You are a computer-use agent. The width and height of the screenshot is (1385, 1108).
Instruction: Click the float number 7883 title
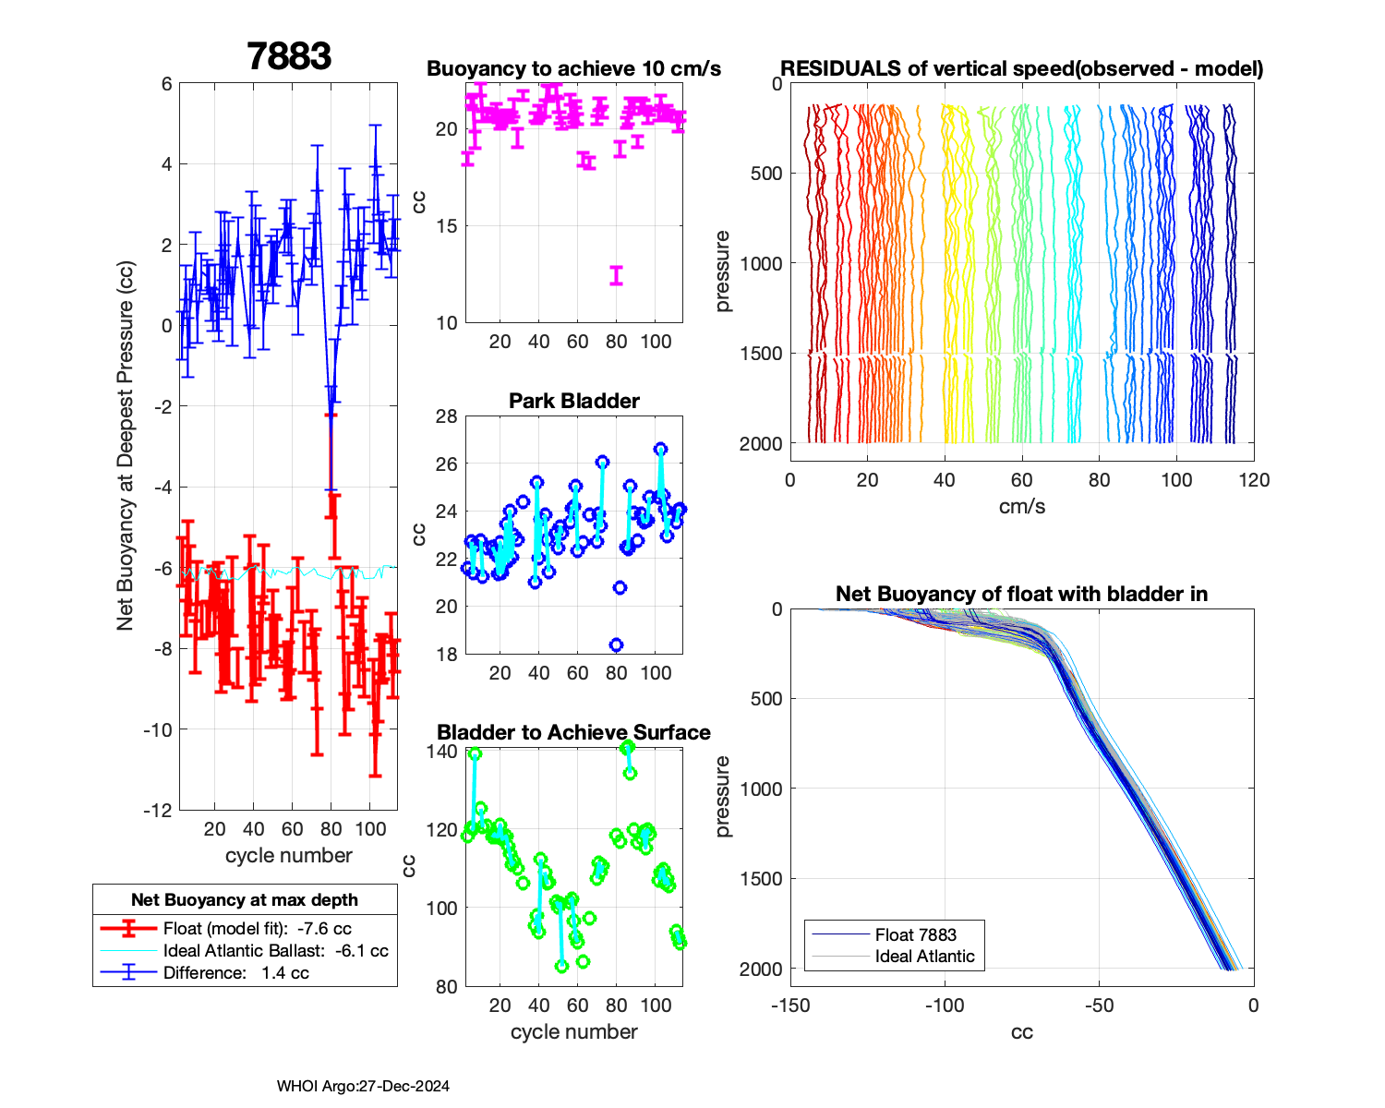point(289,57)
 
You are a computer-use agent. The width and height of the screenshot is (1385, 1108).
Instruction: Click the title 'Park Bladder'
point(574,401)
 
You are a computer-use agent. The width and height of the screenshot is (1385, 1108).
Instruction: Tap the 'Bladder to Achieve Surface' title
point(573,732)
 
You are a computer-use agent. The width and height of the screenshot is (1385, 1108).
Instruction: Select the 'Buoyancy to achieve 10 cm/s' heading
point(573,68)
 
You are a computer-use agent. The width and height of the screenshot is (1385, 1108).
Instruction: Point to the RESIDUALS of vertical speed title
point(1021,68)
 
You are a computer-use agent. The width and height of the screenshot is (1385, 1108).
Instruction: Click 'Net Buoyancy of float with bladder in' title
point(1021,594)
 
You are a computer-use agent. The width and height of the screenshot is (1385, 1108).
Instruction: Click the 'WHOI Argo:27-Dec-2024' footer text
point(363,1086)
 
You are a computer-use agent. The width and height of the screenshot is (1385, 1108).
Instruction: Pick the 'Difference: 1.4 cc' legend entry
point(235,972)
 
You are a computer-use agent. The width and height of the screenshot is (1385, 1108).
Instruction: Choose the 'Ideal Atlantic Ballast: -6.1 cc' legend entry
point(275,950)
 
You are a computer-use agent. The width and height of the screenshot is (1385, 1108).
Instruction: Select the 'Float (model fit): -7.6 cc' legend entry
point(257,928)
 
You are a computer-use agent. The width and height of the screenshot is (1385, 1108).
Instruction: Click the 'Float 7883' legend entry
point(915,934)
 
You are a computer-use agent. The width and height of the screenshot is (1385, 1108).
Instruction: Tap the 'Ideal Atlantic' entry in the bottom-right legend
point(924,957)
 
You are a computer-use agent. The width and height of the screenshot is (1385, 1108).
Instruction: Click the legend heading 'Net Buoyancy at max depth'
point(245,899)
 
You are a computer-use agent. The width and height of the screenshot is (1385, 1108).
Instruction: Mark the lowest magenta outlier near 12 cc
point(616,275)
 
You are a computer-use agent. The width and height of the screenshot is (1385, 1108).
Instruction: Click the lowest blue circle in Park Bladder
point(616,644)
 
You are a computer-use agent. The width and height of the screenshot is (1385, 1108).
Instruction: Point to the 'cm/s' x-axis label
point(1021,506)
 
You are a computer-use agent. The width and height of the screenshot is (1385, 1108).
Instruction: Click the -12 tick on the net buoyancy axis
point(159,810)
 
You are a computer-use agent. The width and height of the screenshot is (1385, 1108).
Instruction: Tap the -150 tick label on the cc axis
point(789,1005)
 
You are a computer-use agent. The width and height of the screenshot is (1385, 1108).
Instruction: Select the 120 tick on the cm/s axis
point(1253,479)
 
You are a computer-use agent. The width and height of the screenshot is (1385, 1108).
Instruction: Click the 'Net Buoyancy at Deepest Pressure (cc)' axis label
point(126,447)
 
